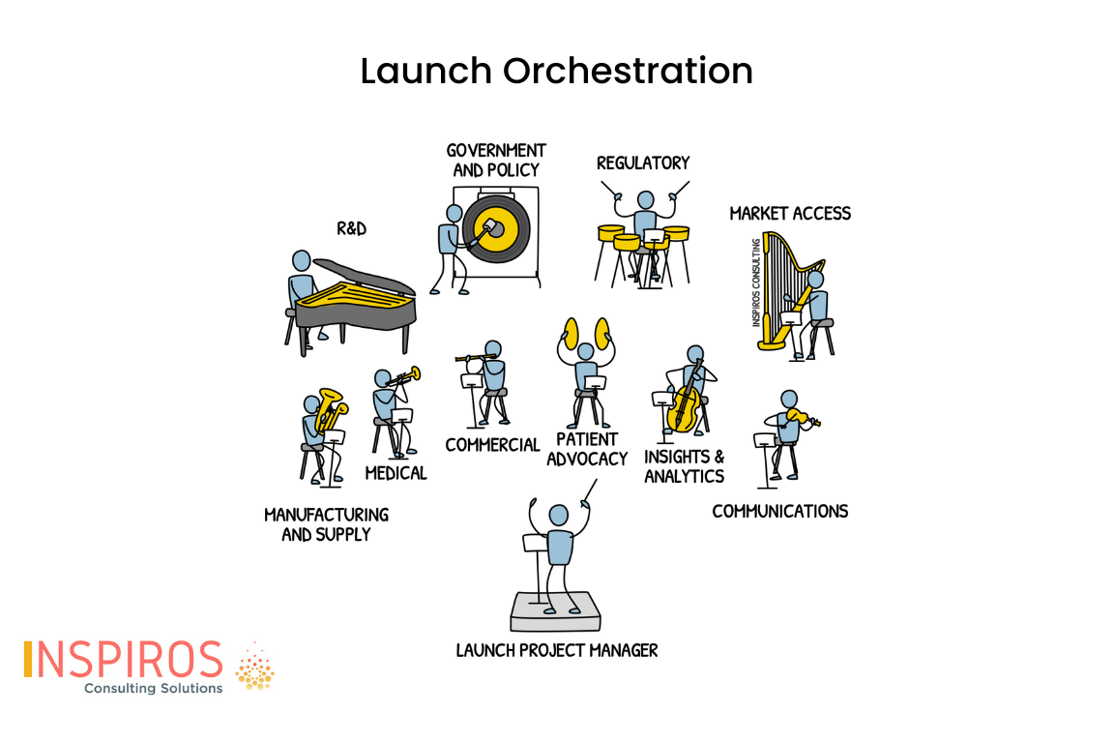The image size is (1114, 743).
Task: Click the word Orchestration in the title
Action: pos(628,71)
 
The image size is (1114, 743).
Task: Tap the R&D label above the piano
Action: pos(352,228)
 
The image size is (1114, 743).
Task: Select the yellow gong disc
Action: pos(497,229)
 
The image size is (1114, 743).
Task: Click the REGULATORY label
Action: pos(643,163)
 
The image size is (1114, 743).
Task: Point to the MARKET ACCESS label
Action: pos(790,213)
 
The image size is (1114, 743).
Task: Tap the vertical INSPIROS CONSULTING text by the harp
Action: pos(756,282)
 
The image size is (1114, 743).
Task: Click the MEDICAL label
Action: pos(396,473)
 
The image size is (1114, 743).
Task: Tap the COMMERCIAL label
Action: pos(492,445)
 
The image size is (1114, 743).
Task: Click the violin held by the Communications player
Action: pos(803,417)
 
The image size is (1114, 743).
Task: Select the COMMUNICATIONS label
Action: pos(780,511)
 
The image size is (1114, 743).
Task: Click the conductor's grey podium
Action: pos(556,612)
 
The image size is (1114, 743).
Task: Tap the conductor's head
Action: pos(559,516)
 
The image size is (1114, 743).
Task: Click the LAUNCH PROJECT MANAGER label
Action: pos(557,650)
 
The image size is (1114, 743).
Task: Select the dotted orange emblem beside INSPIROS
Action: pos(254,667)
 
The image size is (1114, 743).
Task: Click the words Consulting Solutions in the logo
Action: pos(154,688)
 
